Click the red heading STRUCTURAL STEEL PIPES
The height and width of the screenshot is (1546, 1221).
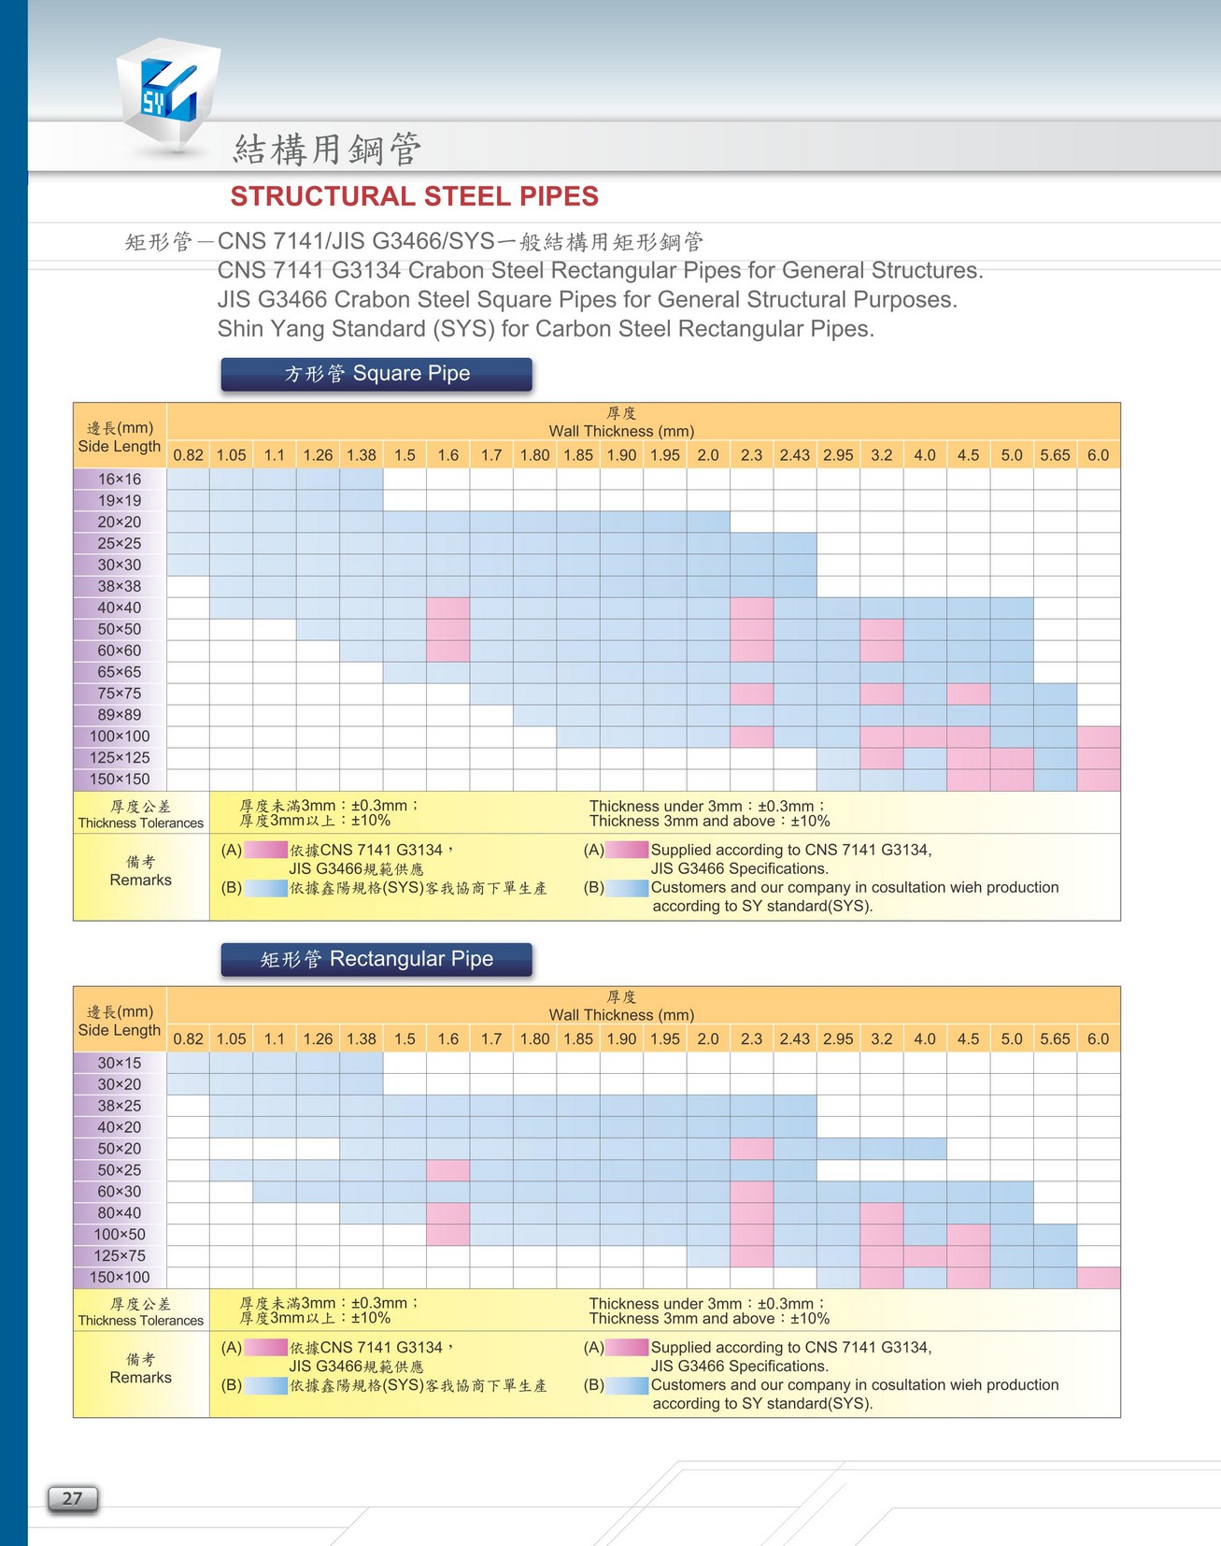(414, 196)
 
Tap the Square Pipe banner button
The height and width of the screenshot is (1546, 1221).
(376, 374)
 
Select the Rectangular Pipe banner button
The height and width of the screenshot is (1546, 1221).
(376, 959)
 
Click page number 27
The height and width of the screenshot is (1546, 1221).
(73, 1498)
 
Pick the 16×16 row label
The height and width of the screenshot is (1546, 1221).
(120, 480)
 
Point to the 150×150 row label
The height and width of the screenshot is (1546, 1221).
(120, 780)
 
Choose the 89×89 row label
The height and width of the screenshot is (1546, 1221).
(120, 715)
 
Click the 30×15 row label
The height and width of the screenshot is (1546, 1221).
(120, 1063)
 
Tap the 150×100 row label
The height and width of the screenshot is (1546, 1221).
(120, 1278)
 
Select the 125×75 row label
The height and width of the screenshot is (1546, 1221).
(120, 1256)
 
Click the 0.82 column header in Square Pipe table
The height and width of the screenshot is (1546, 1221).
(188, 455)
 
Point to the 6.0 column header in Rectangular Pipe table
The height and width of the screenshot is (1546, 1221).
(1098, 1039)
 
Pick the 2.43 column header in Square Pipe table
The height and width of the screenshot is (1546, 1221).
(794, 455)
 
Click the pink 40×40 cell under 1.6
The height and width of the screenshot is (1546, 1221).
(447, 608)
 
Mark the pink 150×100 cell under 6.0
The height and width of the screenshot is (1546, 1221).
(1098, 1278)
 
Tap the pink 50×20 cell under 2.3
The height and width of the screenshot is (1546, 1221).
(751, 1149)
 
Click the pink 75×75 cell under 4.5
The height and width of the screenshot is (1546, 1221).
(968, 694)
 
